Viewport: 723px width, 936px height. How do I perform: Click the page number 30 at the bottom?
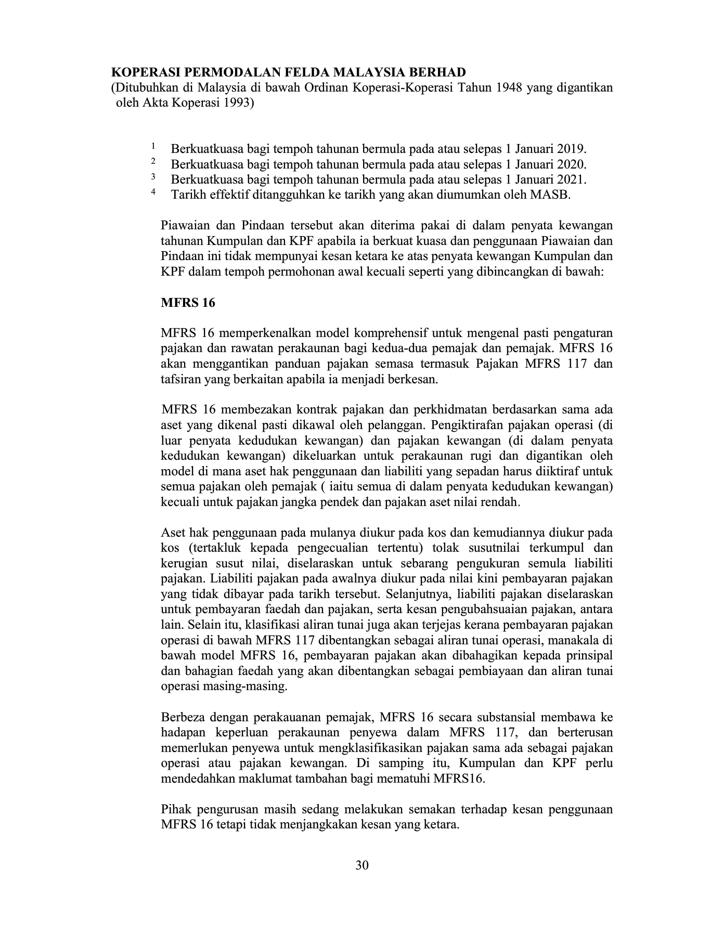[x=362, y=866]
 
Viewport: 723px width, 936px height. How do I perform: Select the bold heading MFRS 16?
[x=188, y=303]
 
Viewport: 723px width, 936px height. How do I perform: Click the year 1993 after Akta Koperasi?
[x=233, y=103]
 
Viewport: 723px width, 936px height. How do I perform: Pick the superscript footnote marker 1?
[x=153, y=146]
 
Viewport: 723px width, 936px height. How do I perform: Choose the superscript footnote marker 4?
[x=153, y=192]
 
